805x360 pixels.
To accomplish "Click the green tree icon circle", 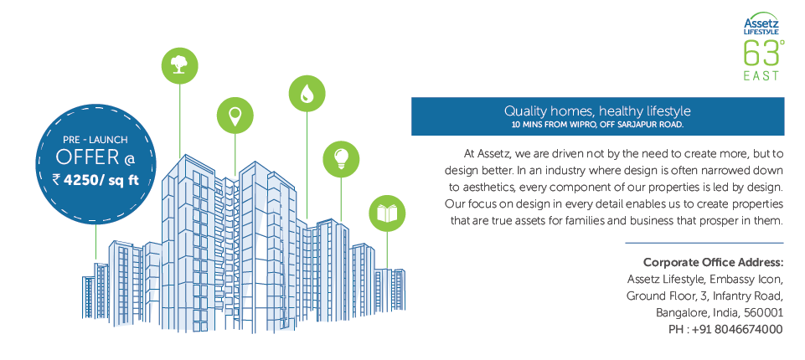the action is (180, 65).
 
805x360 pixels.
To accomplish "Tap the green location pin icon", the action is (235, 116).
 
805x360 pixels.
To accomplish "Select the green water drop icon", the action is (307, 93).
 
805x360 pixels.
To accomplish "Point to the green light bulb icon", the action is (341, 159).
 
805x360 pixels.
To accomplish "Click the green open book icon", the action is (387, 213).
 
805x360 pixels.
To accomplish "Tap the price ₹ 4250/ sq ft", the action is (95, 180).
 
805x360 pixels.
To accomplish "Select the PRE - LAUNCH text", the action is (95, 140).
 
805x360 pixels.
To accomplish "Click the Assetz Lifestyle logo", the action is (761, 24).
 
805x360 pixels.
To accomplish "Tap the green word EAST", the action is (761, 76).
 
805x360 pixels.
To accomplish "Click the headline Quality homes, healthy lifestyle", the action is (597, 111).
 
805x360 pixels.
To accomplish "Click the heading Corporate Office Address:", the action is (713, 263).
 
